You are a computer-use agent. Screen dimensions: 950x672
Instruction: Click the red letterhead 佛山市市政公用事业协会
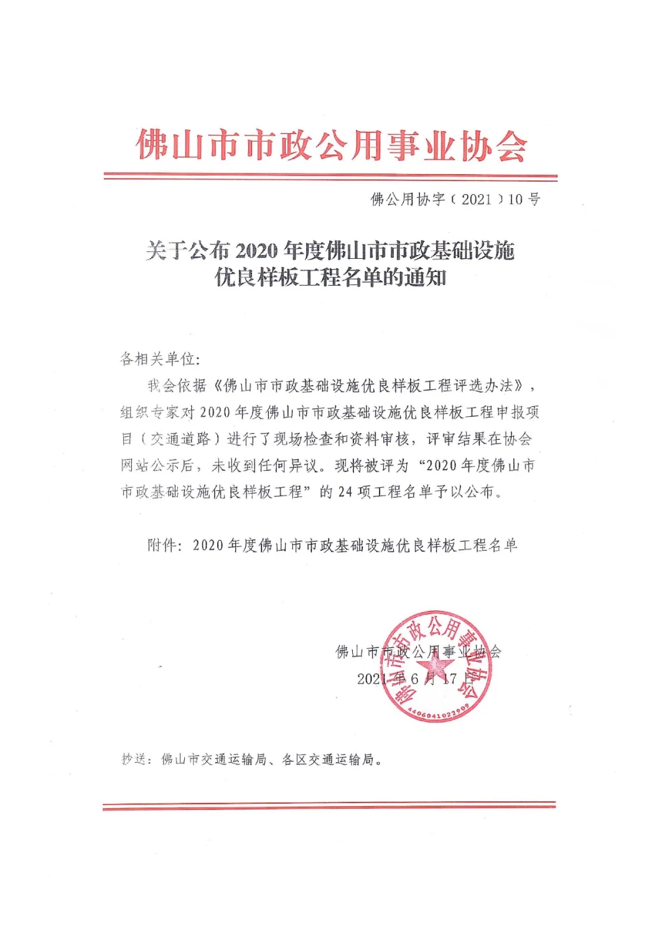pyautogui.click(x=331, y=146)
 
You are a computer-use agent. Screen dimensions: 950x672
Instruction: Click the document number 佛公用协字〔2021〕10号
pyautogui.click(x=455, y=200)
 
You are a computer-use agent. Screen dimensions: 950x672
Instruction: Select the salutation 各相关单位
pyautogui.click(x=158, y=359)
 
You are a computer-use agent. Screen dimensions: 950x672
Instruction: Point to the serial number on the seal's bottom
pyautogui.click(x=439, y=713)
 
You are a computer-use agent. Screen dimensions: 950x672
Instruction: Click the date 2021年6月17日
pyautogui.click(x=415, y=679)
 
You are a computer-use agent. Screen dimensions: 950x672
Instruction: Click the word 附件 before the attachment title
pyautogui.click(x=162, y=546)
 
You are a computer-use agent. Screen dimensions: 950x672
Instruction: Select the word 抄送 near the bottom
pyautogui.click(x=133, y=760)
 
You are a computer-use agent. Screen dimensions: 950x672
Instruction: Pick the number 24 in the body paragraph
pyautogui.click(x=345, y=492)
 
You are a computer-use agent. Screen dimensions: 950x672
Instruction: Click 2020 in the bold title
pyautogui.click(x=256, y=251)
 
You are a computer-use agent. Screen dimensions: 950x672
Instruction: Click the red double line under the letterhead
pyautogui.click(x=330, y=177)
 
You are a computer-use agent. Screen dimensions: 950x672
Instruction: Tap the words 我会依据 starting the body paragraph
pyautogui.click(x=177, y=386)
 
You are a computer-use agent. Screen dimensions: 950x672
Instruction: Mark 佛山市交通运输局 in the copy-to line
pyautogui.click(x=213, y=760)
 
